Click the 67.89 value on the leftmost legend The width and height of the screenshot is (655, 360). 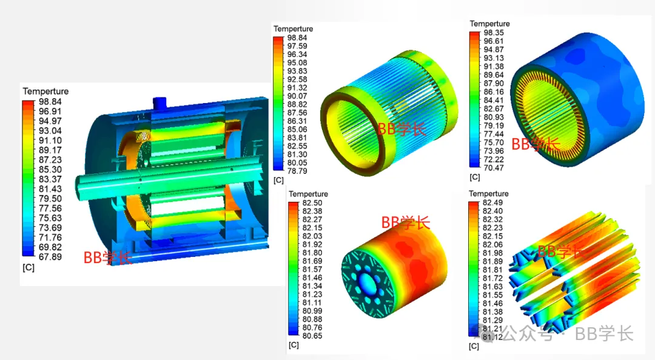50,257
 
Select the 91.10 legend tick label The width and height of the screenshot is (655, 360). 50,141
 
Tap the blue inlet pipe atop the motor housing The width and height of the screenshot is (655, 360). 160,102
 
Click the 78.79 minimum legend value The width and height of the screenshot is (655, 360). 297,171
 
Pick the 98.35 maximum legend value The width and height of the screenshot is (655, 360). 494,33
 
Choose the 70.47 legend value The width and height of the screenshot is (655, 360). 494,168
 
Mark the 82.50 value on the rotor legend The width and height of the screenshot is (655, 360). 312,202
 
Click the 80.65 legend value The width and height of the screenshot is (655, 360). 312,336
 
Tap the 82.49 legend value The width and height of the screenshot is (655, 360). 492,202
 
